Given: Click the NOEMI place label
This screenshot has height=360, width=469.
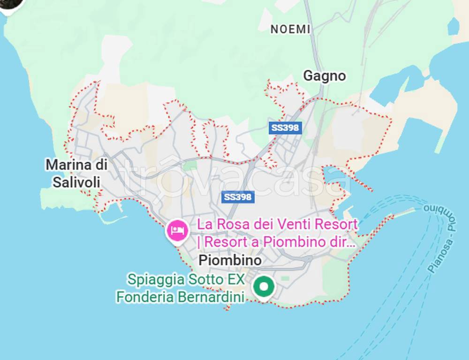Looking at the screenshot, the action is (290, 29).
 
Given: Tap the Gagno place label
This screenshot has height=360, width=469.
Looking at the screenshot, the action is (324, 75).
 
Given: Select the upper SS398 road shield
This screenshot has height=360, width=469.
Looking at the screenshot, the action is (285, 127).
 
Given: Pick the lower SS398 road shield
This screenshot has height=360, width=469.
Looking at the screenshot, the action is (238, 197).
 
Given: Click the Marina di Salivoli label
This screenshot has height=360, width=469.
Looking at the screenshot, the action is (76, 173).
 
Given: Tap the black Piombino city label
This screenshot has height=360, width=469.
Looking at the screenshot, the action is (230, 260).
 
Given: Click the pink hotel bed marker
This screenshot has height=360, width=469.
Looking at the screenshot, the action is (177, 230).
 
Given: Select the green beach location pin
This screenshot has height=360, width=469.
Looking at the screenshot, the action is (264, 286).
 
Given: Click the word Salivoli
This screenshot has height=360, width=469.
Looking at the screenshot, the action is (76, 182).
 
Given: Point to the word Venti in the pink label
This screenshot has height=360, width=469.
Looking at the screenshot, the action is (294, 224).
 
